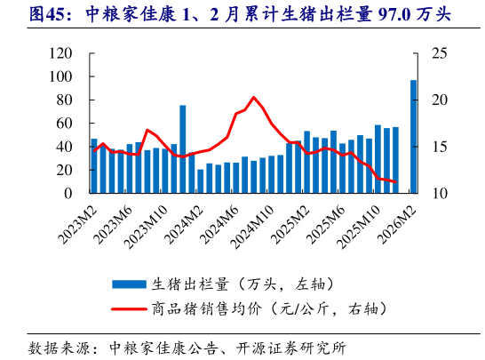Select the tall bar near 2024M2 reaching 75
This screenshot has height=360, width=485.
coord(182,148)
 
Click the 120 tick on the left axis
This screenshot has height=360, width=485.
coord(60,54)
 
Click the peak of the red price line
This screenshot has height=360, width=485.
coord(253,97)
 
